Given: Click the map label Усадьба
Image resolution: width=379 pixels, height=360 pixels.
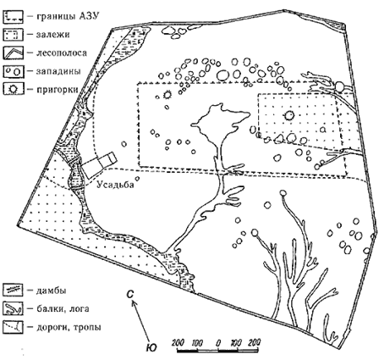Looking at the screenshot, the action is click(115, 185).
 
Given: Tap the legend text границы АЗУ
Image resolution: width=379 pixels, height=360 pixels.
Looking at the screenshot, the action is click(68, 16).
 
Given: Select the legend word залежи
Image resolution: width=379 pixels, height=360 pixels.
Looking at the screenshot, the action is click(52, 35).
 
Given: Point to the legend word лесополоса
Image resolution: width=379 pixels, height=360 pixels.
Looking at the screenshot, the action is click(62, 53).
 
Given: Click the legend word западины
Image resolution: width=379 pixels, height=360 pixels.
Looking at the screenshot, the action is click(58, 71).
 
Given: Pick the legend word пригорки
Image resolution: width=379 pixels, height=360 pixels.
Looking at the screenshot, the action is click(57, 90).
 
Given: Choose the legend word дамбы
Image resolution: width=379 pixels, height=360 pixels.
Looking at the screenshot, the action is click(51, 291).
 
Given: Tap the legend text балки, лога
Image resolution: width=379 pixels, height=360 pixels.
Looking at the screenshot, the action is click(63, 309).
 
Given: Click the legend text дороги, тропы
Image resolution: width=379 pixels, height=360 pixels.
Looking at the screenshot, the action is click(69, 328).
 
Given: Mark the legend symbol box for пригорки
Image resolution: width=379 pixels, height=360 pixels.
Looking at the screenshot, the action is click(13, 89).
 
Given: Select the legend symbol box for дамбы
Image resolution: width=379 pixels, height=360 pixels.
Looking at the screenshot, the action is click(13, 290).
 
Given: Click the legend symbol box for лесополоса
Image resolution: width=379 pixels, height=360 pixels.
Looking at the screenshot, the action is click(13, 53).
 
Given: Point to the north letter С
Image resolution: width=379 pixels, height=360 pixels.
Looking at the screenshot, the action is click(129, 295).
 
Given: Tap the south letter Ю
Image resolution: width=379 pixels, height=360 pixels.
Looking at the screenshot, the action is click(151, 347).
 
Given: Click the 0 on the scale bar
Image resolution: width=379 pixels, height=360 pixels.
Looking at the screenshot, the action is click(218, 344).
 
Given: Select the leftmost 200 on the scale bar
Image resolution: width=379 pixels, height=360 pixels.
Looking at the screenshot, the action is click(179, 343).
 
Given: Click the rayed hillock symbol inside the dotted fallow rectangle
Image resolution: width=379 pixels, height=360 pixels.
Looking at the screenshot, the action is click(289, 115).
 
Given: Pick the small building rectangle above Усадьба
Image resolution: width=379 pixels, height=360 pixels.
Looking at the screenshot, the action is click(99, 164).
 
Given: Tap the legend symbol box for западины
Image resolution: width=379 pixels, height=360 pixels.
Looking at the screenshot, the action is click(13, 71).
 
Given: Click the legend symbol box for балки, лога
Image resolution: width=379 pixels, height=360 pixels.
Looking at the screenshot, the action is click(13, 308).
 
